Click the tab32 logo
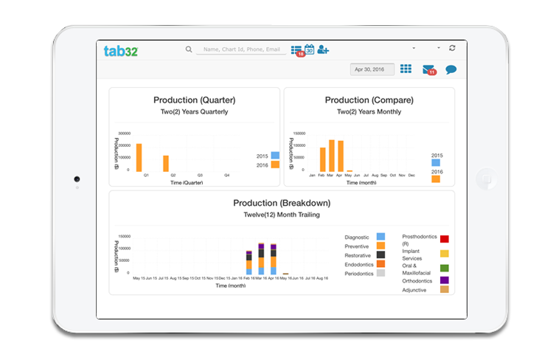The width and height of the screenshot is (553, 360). [x=121, y=50]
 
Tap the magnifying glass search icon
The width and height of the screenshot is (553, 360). [x=189, y=49]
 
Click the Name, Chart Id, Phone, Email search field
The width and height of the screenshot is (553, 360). [x=241, y=49]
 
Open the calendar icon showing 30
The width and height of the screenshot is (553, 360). [x=310, y=49]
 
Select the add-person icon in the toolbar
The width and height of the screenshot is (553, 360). [x=323, y=49]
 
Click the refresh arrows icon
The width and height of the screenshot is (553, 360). [x=451, y=48]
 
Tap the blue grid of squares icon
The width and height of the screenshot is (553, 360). [x=406, y=69]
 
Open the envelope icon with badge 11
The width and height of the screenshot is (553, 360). [x=428, y=70]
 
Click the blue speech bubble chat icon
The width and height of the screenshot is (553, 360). [x=451, y=70]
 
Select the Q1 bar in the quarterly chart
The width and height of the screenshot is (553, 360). [x=139, y=157]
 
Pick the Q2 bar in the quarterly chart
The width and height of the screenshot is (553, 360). [x=166, y=163]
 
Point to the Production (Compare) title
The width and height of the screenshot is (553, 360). [x=369, y=100]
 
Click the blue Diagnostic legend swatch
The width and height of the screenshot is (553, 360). [x=381, y=236]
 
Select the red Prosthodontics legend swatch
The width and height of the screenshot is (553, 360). [x=445, y=239]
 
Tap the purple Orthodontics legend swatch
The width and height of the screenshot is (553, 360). [x=445, y=280]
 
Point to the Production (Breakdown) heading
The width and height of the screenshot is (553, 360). [x=282, y=203]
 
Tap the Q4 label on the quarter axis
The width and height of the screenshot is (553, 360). [x=226, y=175]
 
